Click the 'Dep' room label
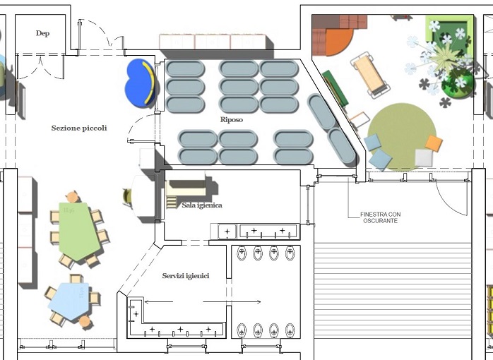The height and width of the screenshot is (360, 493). coord(42,33)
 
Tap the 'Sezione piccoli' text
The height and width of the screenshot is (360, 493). coord(79,128)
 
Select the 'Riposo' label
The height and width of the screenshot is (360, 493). coord(232,120)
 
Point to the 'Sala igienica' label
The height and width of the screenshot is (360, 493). coord(202,205)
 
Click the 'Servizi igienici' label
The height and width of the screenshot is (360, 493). coord(186,276)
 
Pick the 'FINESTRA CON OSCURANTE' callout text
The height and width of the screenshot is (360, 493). coord(381,217)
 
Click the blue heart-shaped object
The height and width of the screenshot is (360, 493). coord(140,83)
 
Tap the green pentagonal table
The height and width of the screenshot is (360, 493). coord(78,231)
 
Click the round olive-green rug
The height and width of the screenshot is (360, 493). coord(401,136)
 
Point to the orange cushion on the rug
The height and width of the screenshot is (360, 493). coord(434,143)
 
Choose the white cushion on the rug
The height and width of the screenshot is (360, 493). coord(424,157)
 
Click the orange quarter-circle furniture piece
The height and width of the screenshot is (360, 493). coord(338,41)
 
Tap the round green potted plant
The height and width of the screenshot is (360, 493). coord(458,83)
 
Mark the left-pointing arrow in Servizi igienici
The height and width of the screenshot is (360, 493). coord(159,302)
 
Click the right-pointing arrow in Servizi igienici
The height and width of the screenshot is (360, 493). coord(232,302)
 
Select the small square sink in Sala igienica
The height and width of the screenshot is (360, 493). coord(227,232)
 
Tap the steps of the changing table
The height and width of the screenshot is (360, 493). coord(172,201)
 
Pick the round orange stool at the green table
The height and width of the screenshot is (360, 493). coord(73,197)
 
